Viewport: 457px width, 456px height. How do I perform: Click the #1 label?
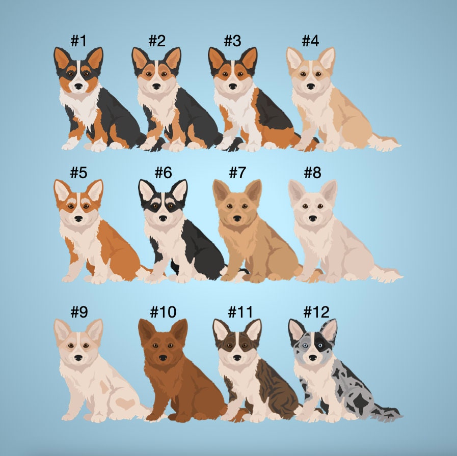click(78, 41)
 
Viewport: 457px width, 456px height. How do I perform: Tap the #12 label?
click(316, 312)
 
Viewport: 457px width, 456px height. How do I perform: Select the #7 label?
click(237, 173)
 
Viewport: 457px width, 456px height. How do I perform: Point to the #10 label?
click(163, 312)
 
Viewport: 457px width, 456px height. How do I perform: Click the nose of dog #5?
click(78, 218)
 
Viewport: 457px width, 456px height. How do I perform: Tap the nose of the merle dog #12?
click(313, 358)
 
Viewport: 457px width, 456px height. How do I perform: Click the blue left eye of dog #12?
click(305, 346)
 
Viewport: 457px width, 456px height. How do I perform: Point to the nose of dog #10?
click(163, 358)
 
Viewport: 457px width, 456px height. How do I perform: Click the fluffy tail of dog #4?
click(383, 142)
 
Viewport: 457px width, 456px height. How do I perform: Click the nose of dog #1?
click(78, 86)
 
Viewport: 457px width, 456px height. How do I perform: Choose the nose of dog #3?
click(233, 86)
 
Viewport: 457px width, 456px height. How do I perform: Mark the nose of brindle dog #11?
click(237, 358)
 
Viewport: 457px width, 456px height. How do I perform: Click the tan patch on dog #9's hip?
click(125, 403)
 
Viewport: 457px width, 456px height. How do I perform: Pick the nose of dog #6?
click(163, 218)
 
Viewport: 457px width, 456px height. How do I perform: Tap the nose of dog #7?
click(237, 218)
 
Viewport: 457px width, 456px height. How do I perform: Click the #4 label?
click(310, 41)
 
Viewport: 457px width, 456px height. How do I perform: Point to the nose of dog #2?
click(156, 86)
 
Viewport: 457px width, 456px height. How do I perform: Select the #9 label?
click(79, 312)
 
